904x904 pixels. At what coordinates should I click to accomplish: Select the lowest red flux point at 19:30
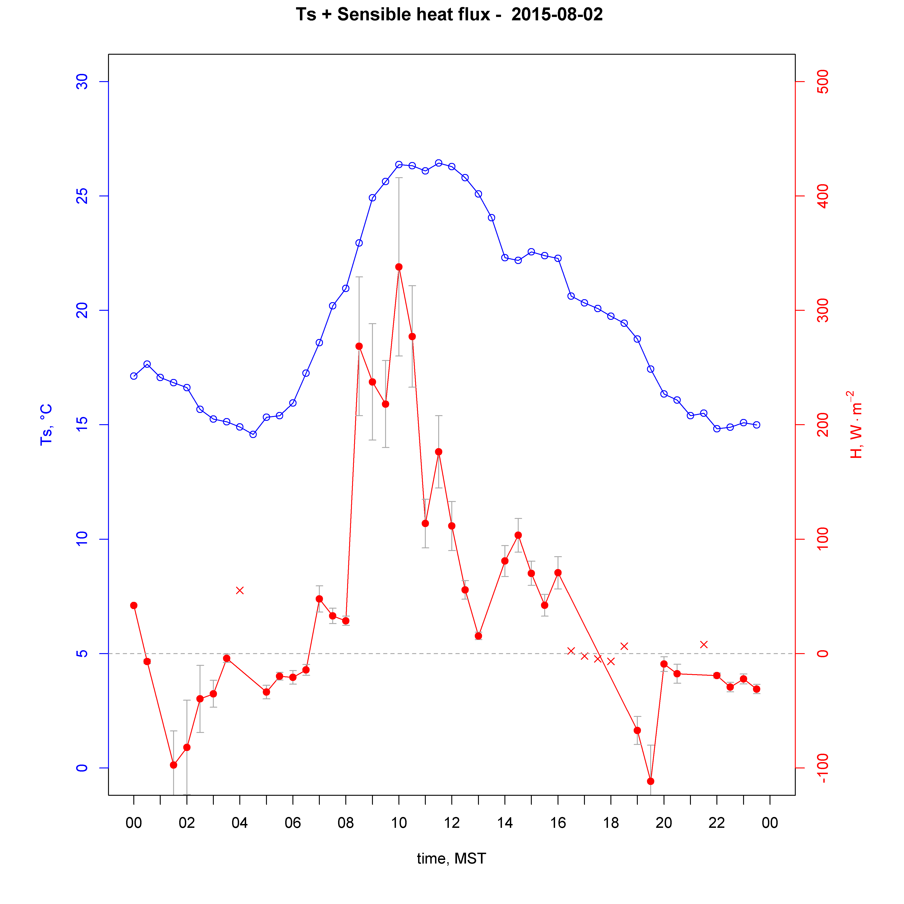pos(650,782)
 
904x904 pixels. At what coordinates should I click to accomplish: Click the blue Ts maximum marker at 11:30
pos(438,163)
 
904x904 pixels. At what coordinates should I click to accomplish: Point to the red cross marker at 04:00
pos(240,591)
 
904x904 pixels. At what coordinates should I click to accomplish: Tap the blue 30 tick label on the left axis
pos(82,82)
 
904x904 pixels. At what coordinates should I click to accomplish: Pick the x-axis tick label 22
pos(717,823)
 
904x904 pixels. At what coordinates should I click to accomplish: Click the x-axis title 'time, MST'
pos(452,859)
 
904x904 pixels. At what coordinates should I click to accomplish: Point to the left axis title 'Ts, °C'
pos(46,425)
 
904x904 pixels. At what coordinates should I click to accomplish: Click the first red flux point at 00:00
pos(134,605)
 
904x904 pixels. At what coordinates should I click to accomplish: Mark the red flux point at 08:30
pos(359,346)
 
